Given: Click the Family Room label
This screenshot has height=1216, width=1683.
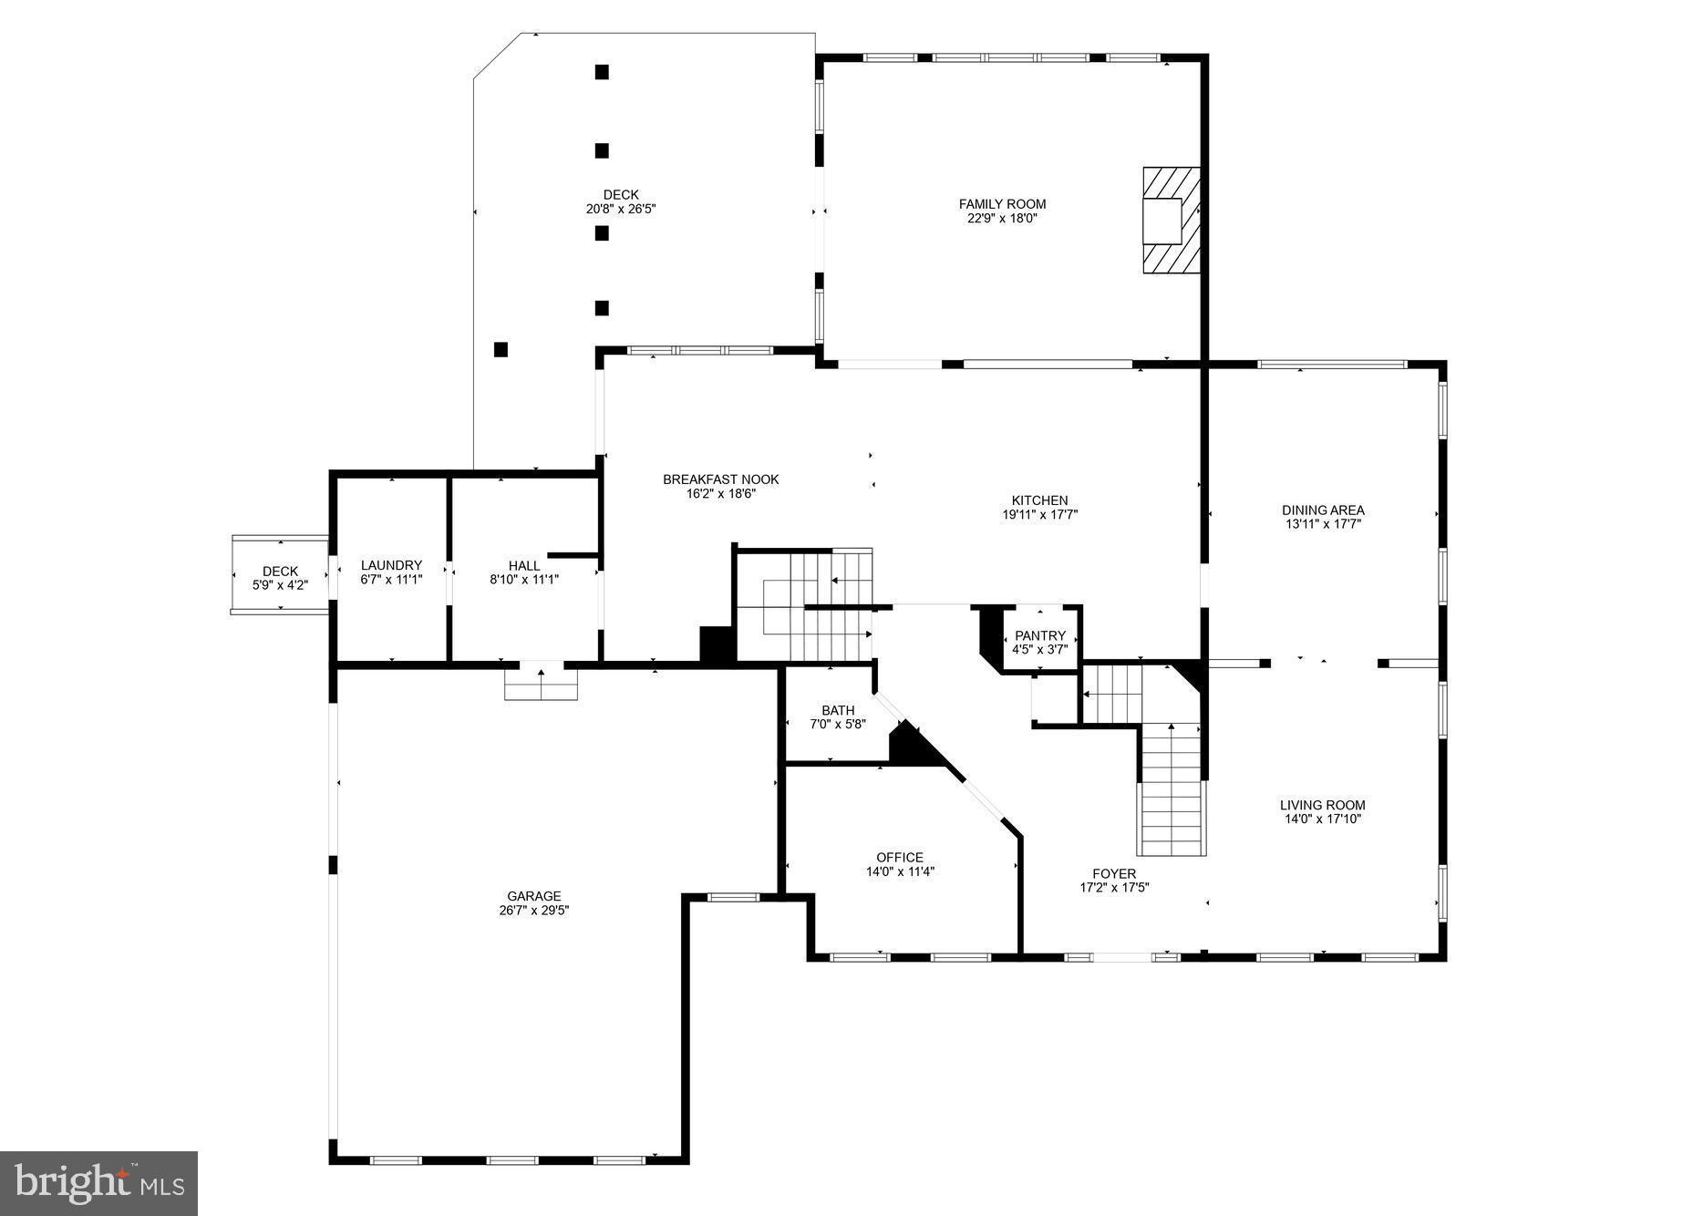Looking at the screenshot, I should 1002,204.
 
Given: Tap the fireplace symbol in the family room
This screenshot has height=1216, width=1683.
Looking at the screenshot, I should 1171,220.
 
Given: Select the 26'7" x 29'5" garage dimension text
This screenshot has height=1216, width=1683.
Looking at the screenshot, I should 533,910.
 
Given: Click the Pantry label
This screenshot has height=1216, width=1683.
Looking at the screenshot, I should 1039,635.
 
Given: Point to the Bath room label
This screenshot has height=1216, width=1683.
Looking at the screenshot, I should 838,710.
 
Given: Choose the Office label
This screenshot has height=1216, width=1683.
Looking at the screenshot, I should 899,857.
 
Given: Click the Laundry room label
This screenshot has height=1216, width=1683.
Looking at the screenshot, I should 391,565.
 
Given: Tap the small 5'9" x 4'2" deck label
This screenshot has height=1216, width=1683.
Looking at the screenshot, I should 280,572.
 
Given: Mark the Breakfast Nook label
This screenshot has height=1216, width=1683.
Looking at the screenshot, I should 720,479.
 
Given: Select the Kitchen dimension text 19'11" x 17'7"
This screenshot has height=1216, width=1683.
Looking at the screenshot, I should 1039,514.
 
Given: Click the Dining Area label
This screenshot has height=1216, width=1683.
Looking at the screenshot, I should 1322,510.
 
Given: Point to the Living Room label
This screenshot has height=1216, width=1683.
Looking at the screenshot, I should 1322,805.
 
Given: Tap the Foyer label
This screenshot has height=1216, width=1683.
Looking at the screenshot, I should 1113,873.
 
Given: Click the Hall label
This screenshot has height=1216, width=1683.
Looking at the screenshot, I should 524,565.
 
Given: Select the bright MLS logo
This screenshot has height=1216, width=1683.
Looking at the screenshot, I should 98,1183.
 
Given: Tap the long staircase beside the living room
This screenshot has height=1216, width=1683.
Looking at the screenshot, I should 1172,788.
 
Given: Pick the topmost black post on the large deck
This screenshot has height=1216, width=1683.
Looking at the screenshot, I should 602,72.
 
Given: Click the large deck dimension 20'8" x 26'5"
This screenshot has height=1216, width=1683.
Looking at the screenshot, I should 620,209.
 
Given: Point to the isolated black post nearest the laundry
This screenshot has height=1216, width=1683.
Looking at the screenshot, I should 501,349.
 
